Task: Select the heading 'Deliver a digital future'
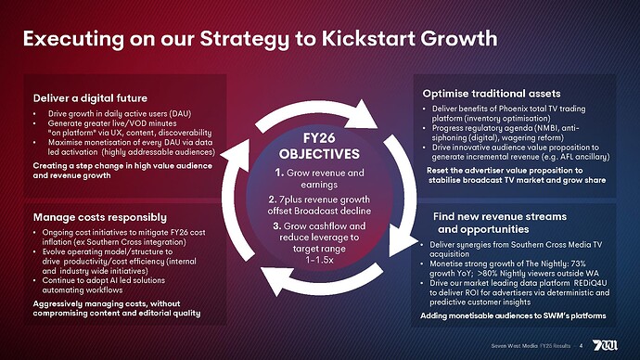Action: click(x=90, y=97)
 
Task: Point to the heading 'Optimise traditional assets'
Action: click(x=491, y=94)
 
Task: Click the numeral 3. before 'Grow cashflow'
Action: click(x=278, y=225)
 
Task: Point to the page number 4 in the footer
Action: click(x=581, y=347)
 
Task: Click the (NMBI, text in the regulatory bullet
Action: click(x=536, y=127)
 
